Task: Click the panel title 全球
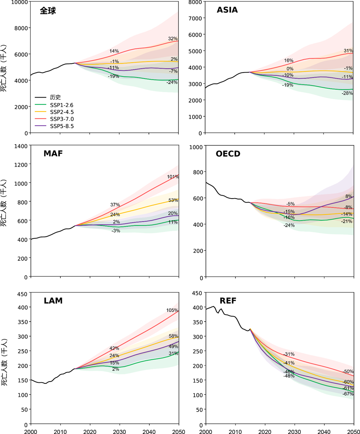(x=48, y=11)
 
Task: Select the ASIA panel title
(x=227, y=10)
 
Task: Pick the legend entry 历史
(x=55, y=97)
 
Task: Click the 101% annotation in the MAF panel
(x=173, y=177)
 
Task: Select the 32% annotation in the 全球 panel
(x=173, y=39)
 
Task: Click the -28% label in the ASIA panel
(x=347, y=93)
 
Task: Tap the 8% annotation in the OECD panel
(x=349, y=197)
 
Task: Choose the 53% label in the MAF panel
(x=173, y=200)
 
